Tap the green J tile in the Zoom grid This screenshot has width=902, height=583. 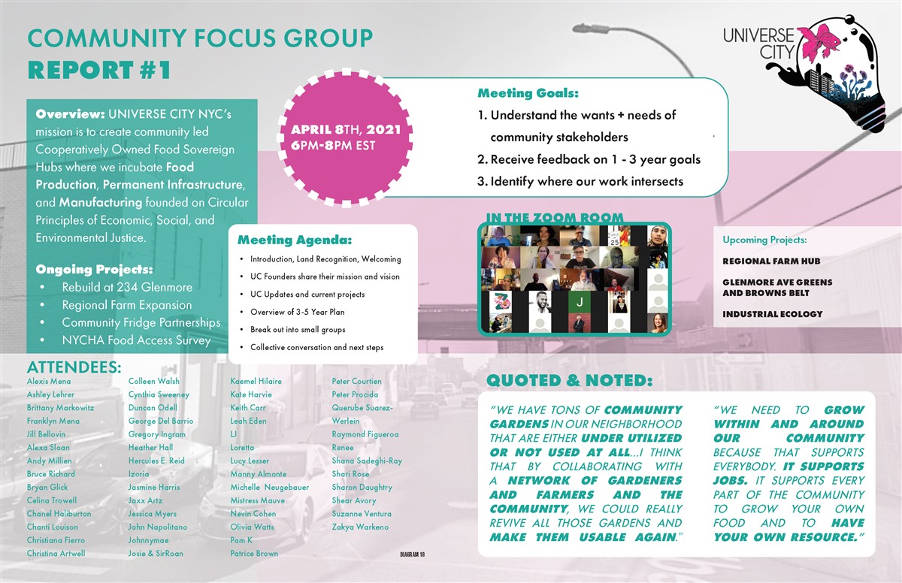point(580,302)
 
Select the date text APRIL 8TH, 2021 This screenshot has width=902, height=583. point(346,129)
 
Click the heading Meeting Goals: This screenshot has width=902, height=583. point(528,93)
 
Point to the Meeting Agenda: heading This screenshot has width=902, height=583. point(295,240)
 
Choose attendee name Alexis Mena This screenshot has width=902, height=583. point(49,381)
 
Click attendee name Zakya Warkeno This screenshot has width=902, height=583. point(360,527)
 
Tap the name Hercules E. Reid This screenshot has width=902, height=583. point(156,461)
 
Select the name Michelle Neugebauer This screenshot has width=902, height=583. point(269,487)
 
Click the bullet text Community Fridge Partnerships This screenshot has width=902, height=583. point(141,322)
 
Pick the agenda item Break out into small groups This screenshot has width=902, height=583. point(298,330)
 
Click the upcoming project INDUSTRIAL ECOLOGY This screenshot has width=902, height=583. point(773,314)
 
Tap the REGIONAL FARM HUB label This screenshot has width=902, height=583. point(771,261)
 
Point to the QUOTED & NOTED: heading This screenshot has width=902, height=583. point(570,381)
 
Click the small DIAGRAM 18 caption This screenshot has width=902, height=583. point(413,554)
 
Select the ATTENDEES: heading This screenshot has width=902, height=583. point(74,367)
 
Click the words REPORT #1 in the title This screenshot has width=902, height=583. point(99,70)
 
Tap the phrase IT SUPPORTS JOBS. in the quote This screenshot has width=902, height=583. point(788,473)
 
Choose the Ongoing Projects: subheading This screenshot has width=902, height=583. point(94,269)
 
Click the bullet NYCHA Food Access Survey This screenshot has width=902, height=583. point(136,340)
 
